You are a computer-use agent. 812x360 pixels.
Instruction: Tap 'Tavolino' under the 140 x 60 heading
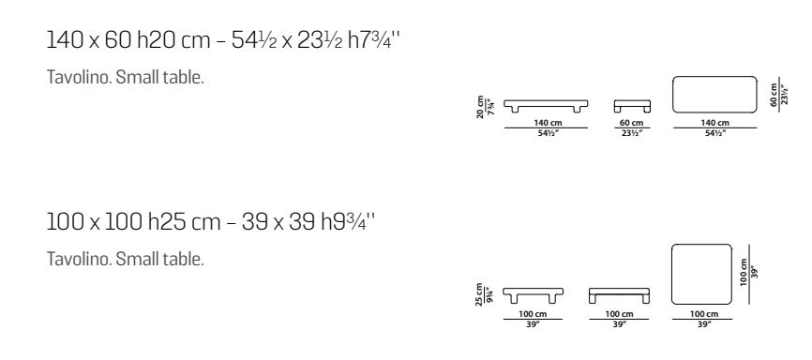click(x=78, y=77)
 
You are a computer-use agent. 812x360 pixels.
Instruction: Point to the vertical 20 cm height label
click(x=480, y=107)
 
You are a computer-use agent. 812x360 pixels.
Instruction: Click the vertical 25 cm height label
click(x=479, y=294)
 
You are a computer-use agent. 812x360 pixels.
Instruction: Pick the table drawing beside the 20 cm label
click(x=546, y=106)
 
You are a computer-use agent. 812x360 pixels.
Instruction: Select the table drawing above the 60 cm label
click(x=632, y=106)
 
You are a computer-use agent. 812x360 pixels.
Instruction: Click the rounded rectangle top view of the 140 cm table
click(x=714, y=95)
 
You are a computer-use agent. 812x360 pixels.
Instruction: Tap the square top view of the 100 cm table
click(x=702, y=274)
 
